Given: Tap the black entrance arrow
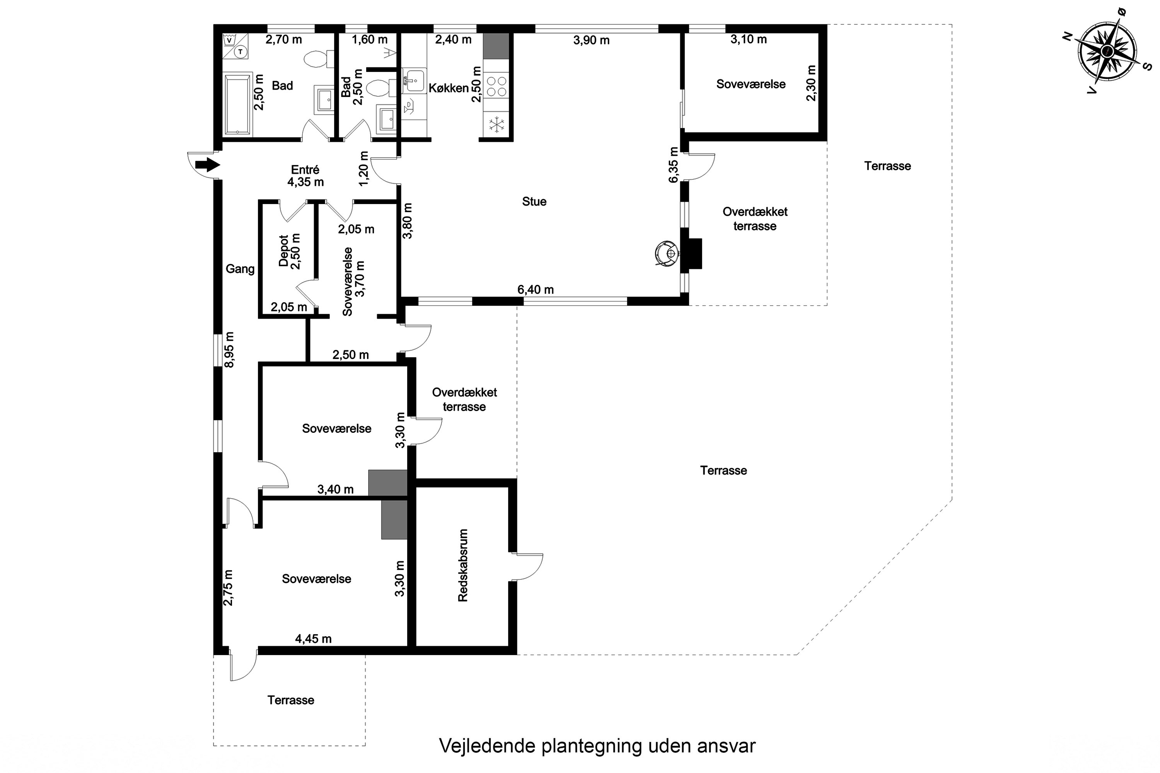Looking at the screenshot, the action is pyautogui.click(x=207, y=165).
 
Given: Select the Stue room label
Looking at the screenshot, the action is pyautogui.click(x=534, y=202).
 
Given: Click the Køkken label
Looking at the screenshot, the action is pyautogui.click(x=448, y=88).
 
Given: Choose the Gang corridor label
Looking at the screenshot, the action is pyautogui.click(x=240, y=269).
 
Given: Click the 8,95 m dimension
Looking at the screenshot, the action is pyautogui.click(x=229, y=349).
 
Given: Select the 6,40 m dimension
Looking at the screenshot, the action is pyautogui.click(x=536, y=290).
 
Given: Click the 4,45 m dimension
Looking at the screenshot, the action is pyautogui.click(x=313, y=639).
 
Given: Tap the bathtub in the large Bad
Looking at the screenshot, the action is pyautogui.click(x=238, y=104).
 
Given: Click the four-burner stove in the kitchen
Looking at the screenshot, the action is pyautogui.click(x=496, y=86).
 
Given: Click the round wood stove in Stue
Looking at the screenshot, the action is pyautogui.click(x=667, y=254).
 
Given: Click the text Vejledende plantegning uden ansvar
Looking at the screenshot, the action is pyautogui.click(x=597, y=746).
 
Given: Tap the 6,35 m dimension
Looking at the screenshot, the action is pyautogui.click(x=674, y=165).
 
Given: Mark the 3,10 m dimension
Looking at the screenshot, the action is pyautogui.click(x=749, y=39).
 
